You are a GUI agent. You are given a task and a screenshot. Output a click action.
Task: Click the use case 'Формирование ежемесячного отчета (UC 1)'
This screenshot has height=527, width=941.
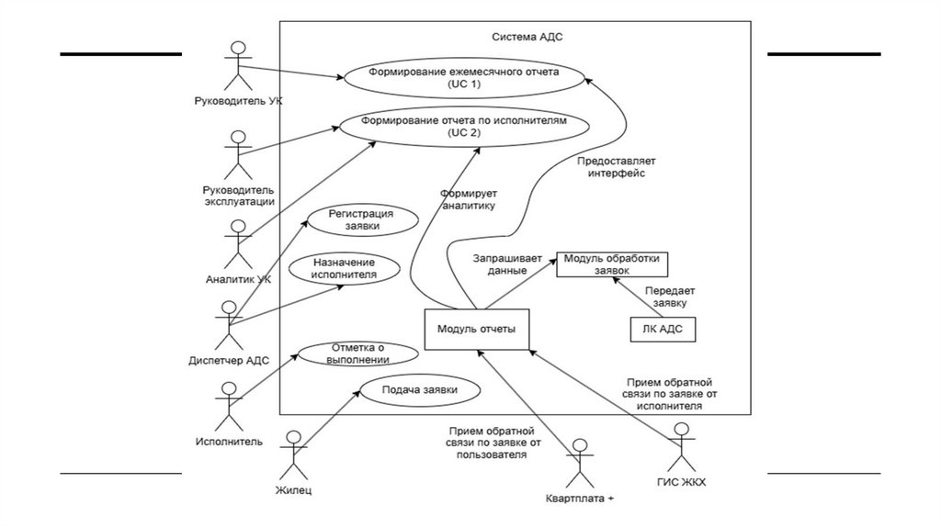click(x=463, y=77)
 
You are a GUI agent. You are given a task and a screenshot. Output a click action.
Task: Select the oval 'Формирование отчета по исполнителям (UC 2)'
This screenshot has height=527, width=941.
click(x=463, y=127)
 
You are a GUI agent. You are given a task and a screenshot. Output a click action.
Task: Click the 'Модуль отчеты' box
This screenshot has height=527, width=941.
click(x=476, y=330)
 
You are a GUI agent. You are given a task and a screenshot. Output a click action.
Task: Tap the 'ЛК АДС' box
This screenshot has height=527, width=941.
click(x=663, y=329)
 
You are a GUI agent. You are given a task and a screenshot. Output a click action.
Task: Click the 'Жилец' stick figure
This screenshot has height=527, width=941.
click(x=294, y=453)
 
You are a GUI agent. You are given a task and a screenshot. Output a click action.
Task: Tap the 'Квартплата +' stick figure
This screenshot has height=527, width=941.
click(x=578, y=464)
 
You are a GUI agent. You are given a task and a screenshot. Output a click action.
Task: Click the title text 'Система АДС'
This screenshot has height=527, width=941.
click(x=522, y=37)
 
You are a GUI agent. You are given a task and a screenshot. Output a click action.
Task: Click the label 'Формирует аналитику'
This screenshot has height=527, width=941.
click(x=469, y=200)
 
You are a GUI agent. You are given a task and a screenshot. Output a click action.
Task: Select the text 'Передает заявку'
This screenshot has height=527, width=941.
click(x=669, y=296)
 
